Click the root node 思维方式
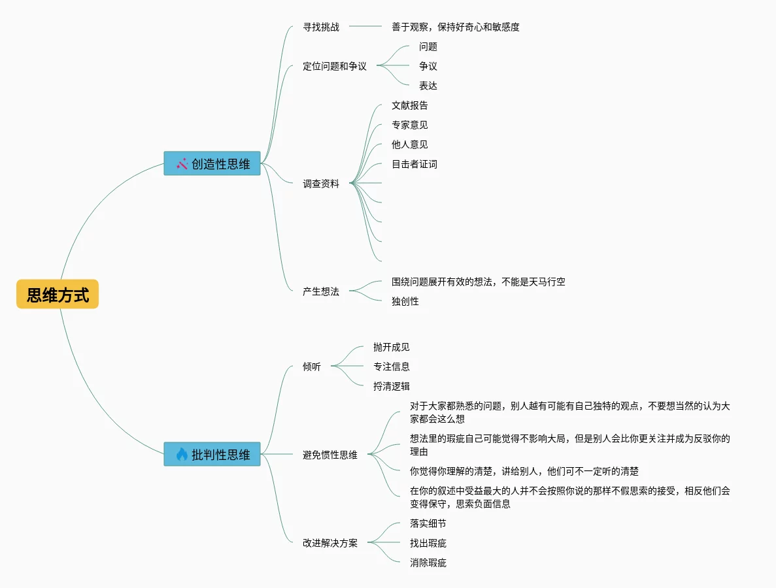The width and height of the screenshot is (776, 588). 58,295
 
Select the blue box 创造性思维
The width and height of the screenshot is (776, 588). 212,163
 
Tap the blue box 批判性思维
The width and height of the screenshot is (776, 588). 212,454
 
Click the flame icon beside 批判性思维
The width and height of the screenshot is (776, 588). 182,454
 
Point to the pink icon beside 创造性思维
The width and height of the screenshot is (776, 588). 182,163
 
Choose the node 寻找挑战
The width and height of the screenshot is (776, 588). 321,27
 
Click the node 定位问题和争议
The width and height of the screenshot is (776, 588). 335,66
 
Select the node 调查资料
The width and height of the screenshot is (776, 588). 321,184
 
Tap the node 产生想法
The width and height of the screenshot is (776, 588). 321,291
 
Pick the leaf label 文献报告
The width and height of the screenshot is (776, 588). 410,105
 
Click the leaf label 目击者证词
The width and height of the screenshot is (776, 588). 414,164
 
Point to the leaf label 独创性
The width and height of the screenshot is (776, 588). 405,301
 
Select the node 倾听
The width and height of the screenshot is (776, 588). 312,367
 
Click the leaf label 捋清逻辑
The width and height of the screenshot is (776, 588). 392,386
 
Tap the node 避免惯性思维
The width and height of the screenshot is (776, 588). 330,455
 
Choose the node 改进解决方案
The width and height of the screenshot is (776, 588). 330,543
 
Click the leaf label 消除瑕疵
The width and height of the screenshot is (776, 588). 428,563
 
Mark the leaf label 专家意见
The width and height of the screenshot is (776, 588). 410,125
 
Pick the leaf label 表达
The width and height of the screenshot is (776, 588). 428,86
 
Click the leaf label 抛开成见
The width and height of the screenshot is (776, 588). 392,347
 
